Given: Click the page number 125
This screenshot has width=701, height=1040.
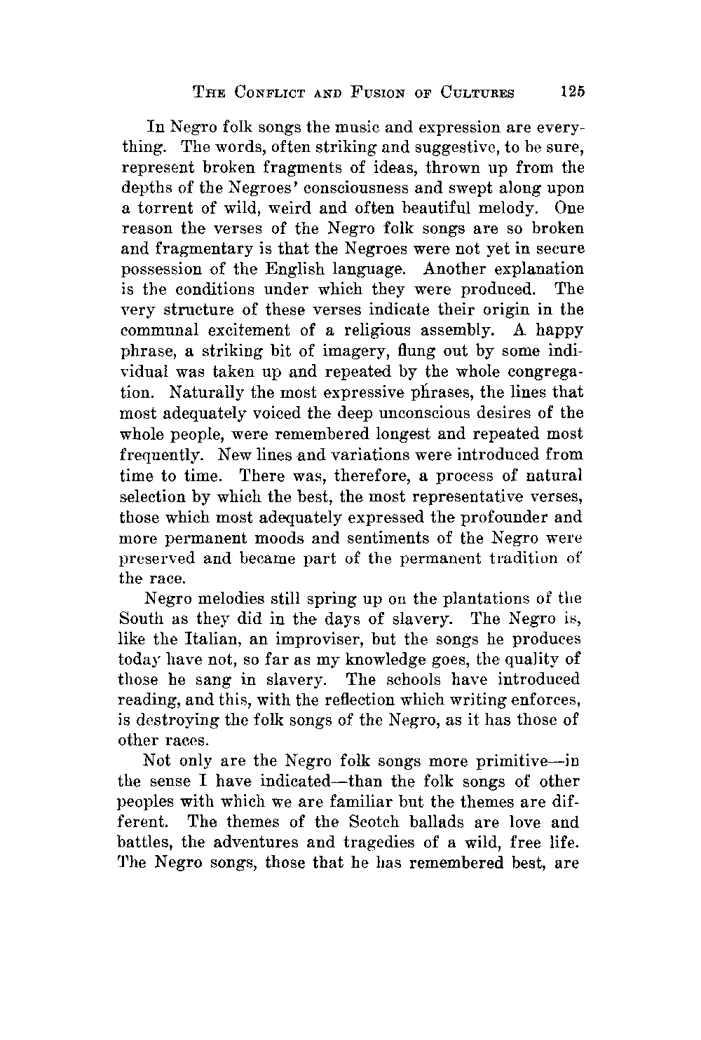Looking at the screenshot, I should point(572,91).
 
